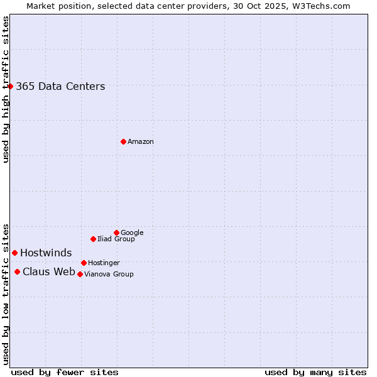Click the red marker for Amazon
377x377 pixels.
tap(123, 141)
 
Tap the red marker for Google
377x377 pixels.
tap(116, 232)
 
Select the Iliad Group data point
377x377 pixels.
tap(93, 239)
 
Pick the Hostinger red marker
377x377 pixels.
tap(84, 263)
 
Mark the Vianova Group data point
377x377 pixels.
tap(80, 274)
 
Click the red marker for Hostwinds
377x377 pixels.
tap(14, 253)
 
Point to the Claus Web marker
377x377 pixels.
tap(17, 271)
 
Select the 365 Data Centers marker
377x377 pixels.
tap(11, 86)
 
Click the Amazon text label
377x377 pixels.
tap(141, 142)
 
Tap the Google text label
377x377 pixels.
tap(132, 233)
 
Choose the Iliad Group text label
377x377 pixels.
tap(116, 239)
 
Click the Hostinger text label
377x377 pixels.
tap(104, 263)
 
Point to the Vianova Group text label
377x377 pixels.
tap(109, 275)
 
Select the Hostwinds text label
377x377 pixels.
tap(46, 253)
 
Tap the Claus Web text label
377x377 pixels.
tap(49, 272)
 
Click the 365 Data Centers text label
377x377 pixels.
tap(60, 87)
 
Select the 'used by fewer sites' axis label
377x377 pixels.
tap(65, 372)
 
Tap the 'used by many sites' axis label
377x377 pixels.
tap(315, 372)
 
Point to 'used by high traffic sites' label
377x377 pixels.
tap(6, 89)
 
